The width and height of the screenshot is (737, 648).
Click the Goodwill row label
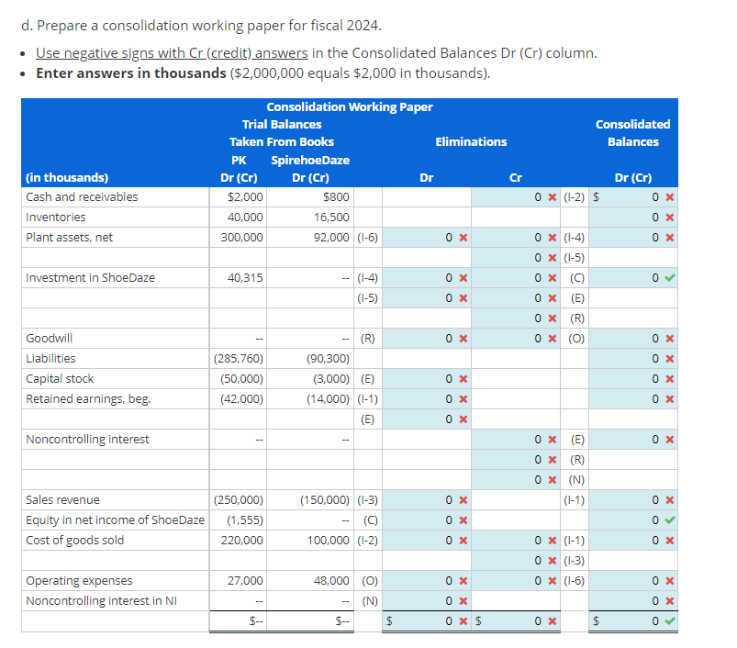tap(49, 339)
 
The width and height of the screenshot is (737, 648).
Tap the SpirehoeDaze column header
tap(310, 161)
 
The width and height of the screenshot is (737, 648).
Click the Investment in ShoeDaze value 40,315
tap(245, 278)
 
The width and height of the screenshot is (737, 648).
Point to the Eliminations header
tap(471, 142)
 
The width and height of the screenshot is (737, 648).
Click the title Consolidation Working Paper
tap(350, 107)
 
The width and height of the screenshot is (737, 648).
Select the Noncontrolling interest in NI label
tap(102, 601)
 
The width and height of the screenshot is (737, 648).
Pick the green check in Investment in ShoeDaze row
tap(670, 278)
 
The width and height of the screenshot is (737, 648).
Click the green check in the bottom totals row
tap(670, 621)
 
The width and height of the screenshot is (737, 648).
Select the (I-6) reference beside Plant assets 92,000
tap(367, 238)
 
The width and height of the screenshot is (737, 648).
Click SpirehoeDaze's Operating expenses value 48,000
tap(331, 581)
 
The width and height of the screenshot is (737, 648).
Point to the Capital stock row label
tap(60, 379)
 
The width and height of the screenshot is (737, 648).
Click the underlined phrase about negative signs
tap(172, 53)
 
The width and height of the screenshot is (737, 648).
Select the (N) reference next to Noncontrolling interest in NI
tap(370, 601)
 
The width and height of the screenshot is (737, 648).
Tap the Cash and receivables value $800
tap(336, 197)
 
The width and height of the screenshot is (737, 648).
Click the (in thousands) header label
tap(67, 178)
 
